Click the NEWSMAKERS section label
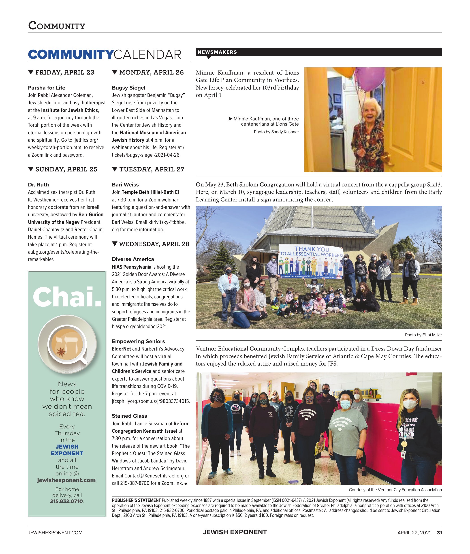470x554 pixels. click(x=217, y=52)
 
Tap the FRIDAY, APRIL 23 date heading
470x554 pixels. click(x=65, y=73)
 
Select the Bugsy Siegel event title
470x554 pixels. click(x=128, y=88)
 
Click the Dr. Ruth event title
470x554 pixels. click(x=38, y=185)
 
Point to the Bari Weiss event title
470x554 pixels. click(x=125, y=185)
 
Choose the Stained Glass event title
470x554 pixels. click(x=129, y=416)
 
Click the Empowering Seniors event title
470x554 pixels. click(x=138, y=341)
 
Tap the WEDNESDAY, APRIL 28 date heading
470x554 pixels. click(x=154, y=244)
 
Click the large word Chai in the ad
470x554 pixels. click(x=67, y=297)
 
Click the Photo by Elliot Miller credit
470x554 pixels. click(x=423, y=335)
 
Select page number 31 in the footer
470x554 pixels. click(x=439, y=533)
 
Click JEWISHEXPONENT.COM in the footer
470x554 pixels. click(x=55, y=533)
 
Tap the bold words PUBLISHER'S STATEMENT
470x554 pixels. click(x=136, y=501)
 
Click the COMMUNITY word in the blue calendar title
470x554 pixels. click(x=71, y=55)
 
